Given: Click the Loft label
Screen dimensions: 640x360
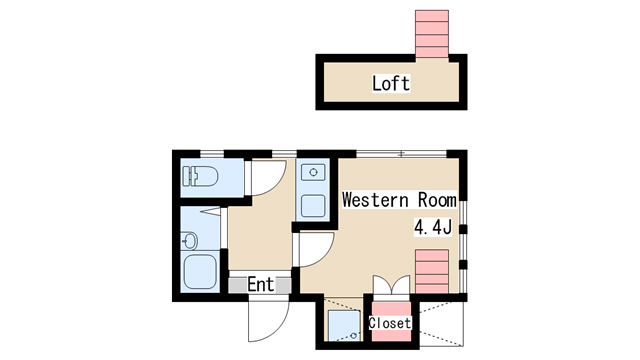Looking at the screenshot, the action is (x=391, y=83).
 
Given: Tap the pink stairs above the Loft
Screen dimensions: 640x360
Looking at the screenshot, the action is (x=432, y=34).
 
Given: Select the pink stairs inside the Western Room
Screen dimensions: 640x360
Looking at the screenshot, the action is (x=432, y=271).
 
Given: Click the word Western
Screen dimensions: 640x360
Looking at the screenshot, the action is (x=375, y=200).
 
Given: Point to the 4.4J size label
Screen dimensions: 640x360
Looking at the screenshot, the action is (x=433, y=227).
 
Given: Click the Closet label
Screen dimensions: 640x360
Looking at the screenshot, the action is (x=390, y=323).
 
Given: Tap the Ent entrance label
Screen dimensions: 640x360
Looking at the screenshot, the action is (x=260, y=284).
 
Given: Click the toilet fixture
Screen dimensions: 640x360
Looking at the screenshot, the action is (x=200, y=176).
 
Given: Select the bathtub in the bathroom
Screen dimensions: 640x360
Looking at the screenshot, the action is (x=200, y=271).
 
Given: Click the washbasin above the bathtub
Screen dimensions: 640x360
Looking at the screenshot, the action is (x=189, y=240).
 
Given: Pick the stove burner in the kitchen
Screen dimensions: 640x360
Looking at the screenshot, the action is (x=313, y=172).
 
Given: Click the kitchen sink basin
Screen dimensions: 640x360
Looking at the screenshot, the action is (x=313, y=206).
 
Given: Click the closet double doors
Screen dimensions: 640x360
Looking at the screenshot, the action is (x=391, y=285).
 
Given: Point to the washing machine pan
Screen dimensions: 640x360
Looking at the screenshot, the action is (x=344, y=325).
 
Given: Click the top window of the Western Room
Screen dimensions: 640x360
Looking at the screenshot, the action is (x=402, y=154).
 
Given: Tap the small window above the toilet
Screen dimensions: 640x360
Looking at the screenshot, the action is (x=212, y=153).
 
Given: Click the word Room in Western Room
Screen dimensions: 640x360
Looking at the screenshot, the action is (x=437, y=200).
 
